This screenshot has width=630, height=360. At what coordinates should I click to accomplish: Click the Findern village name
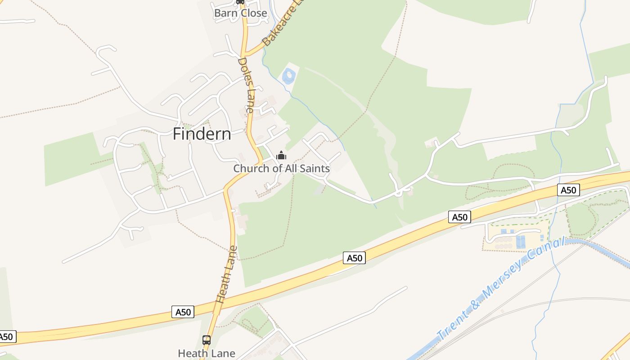point(202,134)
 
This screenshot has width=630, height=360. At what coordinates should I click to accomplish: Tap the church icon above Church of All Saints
point(281,156)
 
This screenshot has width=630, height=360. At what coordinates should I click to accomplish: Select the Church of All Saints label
point(281,169)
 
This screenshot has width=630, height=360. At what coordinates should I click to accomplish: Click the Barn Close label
point(240,13)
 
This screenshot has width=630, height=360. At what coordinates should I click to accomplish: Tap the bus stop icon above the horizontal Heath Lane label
point(207,340)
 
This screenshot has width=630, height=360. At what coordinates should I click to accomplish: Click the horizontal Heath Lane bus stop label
point(207,353)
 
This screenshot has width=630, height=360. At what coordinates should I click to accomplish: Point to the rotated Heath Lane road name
point(226,274)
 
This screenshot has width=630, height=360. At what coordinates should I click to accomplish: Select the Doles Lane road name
point(246,85)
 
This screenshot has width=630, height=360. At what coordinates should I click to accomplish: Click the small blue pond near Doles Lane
point(289,76)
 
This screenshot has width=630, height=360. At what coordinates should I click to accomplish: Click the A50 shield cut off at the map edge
point(6,337)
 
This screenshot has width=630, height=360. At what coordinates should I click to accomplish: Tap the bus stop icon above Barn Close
point(240,2)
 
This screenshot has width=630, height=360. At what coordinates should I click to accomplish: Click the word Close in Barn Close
point(253,13)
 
